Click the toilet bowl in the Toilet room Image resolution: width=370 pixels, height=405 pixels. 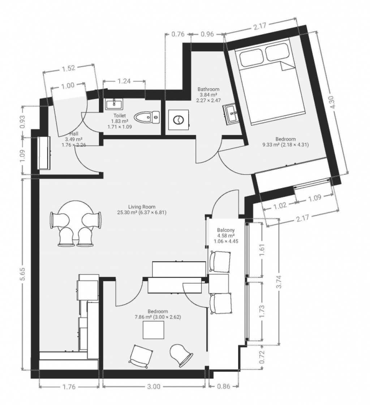(147, 117)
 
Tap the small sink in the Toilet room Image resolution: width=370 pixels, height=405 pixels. (114, 104)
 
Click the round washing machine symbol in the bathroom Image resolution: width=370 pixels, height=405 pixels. (178, 120)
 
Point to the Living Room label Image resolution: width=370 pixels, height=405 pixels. (142, 207)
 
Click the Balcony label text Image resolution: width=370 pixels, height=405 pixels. (226, 230)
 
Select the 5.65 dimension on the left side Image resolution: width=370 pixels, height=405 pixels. (23, 274)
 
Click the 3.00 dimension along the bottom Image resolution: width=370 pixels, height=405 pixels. (154, 387)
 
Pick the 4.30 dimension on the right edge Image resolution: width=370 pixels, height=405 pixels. (333, 102)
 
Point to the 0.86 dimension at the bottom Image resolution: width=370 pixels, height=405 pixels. (224, 387)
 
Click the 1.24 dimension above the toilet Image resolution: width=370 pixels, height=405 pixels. (124, 81)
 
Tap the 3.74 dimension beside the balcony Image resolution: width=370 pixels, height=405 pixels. (279, 282)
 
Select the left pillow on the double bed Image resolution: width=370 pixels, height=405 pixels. (251, 59)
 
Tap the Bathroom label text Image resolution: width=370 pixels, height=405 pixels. (208, 89)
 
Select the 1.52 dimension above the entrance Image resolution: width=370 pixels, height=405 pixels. (68, 68)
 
